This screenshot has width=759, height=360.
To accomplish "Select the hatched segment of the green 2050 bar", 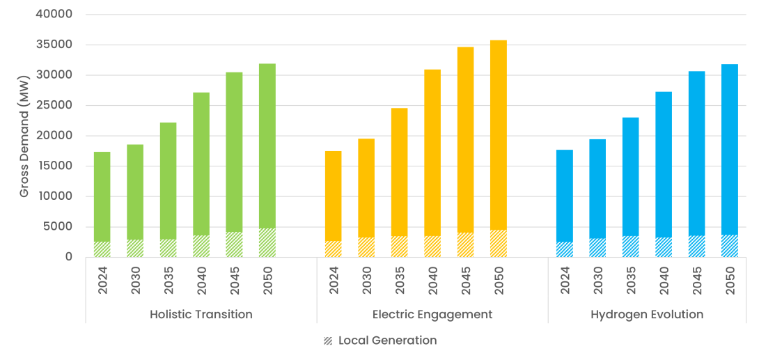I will click(267, 243).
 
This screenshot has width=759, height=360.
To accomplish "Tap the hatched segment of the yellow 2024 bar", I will click(334, 249).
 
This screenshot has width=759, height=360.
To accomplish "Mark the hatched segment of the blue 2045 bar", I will click(696, 246).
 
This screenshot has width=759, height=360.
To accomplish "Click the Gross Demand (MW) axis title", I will click(24, 136).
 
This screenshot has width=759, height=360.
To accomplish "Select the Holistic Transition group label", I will click(201, 315).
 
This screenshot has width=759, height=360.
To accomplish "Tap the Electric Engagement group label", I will click(432, 315).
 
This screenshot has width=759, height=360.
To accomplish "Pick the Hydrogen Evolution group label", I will click(647, 315).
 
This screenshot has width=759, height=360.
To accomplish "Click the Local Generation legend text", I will click(387, 341).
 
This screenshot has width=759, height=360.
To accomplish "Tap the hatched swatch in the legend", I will click(328, 341).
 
